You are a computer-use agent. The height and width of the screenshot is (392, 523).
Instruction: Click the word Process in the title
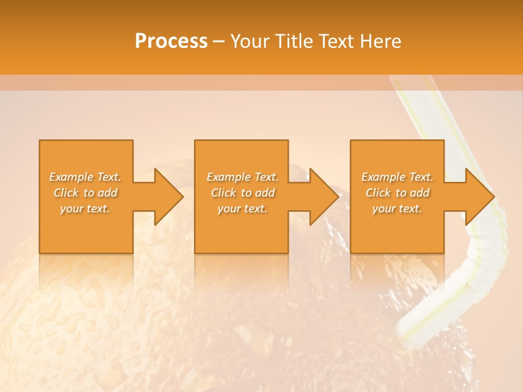[171, 41]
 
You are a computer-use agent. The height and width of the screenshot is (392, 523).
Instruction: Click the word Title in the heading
[295, 41]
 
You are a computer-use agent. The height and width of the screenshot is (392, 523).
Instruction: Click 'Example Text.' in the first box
[86, 177]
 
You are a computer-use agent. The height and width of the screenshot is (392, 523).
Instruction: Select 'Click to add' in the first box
[86, 193]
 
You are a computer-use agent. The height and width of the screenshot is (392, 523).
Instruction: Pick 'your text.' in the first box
[86, 209]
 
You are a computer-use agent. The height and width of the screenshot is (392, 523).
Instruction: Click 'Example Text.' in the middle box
[242, 177]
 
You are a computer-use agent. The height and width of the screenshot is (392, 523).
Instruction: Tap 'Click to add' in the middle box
[242, 193]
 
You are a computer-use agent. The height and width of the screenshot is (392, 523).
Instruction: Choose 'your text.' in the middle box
[242, 209]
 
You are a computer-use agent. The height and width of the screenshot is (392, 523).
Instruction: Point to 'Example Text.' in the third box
[397, 177]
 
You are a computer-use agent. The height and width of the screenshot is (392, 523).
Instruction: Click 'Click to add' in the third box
[397, 193]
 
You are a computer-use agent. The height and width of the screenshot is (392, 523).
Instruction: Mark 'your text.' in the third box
[397, 209]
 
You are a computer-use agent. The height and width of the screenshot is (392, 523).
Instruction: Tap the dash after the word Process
[219, 42]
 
